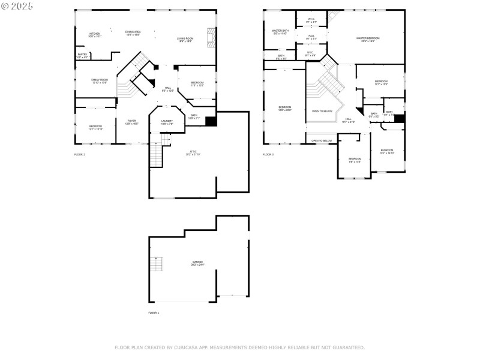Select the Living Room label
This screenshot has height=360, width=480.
pyautogui.click(x=185, y=40)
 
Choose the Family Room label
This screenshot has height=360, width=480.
pyautogui.click(x=100, y=80)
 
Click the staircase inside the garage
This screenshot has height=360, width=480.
pyautogui.click(x=157, y=264)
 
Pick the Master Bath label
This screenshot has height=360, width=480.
pyautogui.click(x=280, y=31)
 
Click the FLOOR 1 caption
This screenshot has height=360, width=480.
pyautogui.click(x=154, y=313)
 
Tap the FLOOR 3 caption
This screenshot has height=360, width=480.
pyautogui.click(x=268, y=155)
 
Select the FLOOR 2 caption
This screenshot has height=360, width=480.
pyautogui.click(x=80, y=155)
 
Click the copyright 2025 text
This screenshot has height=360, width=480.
pyautogui.click(x=17, y=5)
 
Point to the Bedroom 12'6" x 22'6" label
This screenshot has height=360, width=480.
pyautogui.click(x=284, y=109)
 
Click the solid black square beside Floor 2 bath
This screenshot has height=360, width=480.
pyautogui.click(x=210, y=121)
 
